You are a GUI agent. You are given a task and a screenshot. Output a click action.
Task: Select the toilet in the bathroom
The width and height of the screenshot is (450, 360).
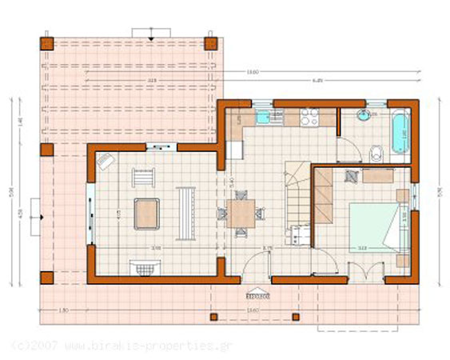coord(378,151)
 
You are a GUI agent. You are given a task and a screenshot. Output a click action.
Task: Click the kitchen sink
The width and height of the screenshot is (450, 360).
coord(265,118)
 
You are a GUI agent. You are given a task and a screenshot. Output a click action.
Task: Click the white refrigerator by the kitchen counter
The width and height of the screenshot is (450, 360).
coord(234,150)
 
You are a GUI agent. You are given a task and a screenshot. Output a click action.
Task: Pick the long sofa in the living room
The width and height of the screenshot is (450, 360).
coord(185,212)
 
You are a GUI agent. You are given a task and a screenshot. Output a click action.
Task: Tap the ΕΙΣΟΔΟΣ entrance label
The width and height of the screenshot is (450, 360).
coord(257,294)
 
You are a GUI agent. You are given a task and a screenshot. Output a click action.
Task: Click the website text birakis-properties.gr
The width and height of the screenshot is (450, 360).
coord(141,346)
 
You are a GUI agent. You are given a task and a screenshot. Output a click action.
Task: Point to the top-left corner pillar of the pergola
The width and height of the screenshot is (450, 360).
coord(46,43)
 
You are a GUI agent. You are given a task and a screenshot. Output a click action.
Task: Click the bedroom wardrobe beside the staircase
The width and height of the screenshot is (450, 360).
coord(323,195)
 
